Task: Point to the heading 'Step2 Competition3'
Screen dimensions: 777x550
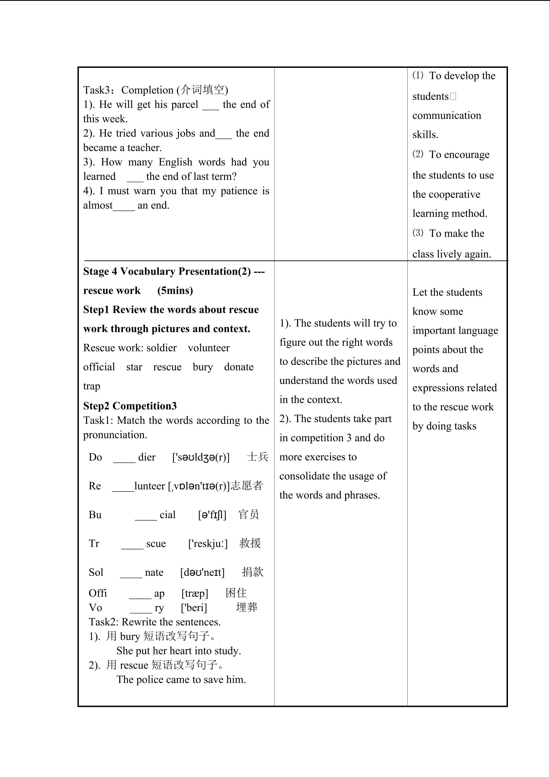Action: pyautogui.click(x=130, y=406)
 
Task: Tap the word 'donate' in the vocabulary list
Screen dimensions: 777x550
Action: pyautogui.click(x=239, y=367)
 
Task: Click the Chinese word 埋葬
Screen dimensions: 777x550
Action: pyautogui.click(x=246, y=607)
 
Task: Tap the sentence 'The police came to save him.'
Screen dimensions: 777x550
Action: pyautogui.click(x=181, y=680)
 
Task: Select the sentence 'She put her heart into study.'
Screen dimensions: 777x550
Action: pyautogui.click(x=179, y=651)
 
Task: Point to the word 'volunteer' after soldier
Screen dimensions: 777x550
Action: pyautogui.click(x=209, y=348)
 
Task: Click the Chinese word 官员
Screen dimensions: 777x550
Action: pyautogui.click(x=249, y=515)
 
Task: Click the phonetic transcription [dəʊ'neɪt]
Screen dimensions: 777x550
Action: pyautogui.click(x=202, y=573)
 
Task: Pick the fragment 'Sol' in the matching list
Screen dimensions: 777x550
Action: pyautogui.click(x=96, y=573)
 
